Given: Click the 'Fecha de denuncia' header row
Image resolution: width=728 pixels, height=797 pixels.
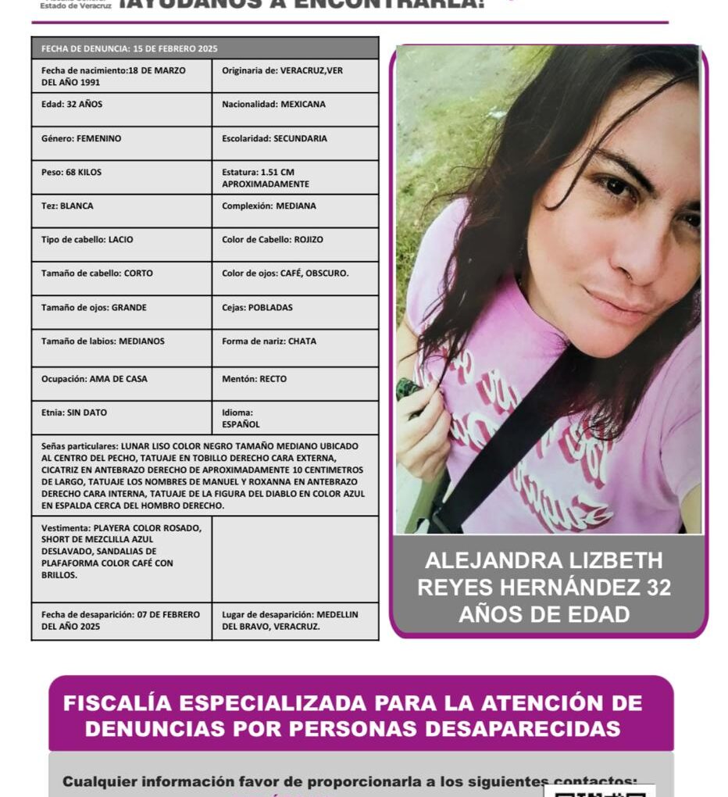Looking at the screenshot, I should (205, 48).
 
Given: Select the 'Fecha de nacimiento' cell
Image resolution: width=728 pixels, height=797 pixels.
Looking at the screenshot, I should (121, 76).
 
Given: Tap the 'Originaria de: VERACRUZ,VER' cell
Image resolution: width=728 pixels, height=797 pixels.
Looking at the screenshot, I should (294, 76).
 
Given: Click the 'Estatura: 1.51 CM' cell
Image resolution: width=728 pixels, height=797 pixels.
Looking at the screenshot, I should (294, 178).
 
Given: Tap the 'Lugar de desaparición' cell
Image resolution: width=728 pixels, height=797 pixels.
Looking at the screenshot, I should (294, 620).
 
